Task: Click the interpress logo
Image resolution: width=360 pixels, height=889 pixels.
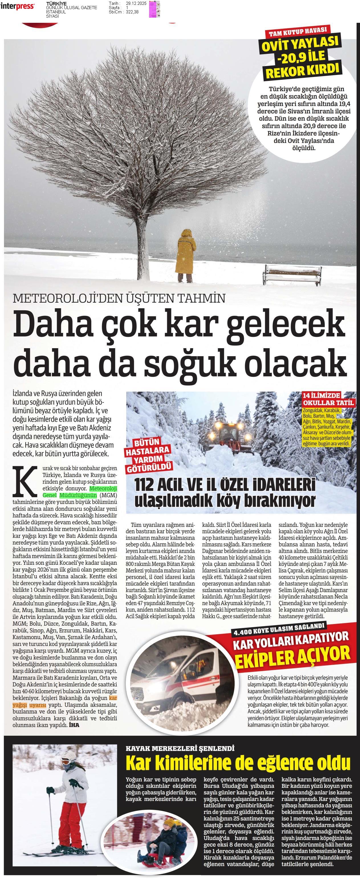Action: (x=17, y=6)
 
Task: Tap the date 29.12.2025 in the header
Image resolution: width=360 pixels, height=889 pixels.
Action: (x=136, y=3)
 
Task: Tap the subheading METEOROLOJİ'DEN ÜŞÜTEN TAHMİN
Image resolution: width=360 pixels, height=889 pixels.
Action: (x=119, y=298)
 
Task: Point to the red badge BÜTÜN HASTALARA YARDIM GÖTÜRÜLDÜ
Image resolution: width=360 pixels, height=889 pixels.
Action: (x=149, y=455)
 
